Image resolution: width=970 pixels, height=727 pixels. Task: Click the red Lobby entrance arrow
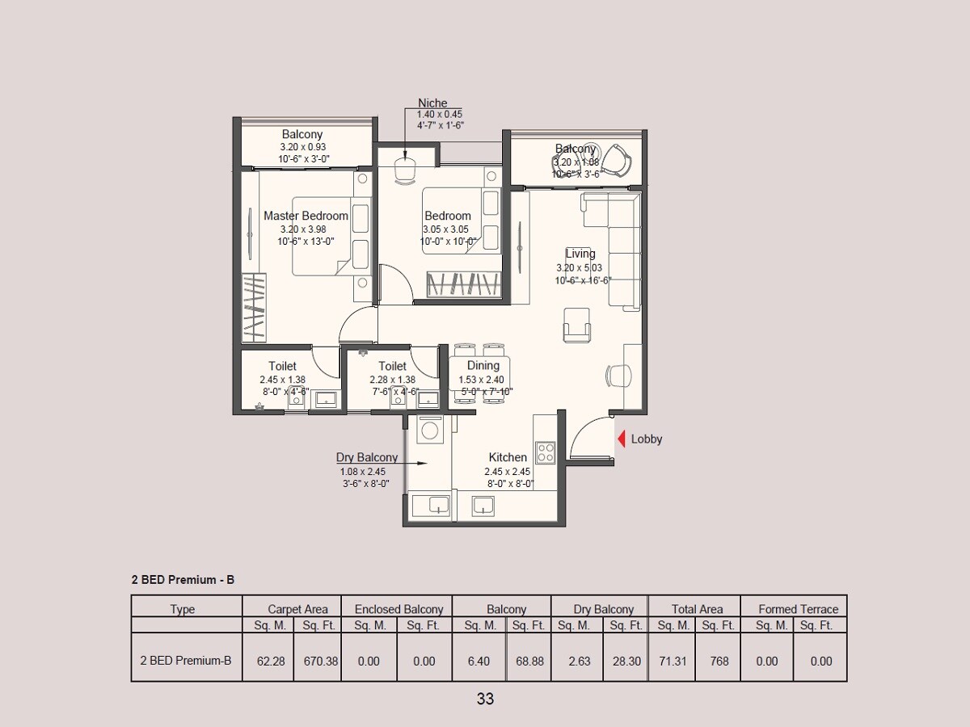click(x=622, y=439)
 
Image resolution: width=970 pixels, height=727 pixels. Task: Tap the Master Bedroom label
click(x=306, y=216)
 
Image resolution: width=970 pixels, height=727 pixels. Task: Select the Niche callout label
click(x=432, y=103)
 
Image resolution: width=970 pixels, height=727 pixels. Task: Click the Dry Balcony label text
click(x=367, y=457)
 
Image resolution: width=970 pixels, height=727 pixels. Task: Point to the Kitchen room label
click(x=508, y=457)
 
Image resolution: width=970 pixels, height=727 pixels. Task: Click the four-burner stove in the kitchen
click(x=546, y=451)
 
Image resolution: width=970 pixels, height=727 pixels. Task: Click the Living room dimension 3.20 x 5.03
click(x=579, y=267)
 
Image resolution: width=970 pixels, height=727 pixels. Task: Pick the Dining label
click(x=483, y=366)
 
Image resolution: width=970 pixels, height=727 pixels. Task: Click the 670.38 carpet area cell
click(x=320, y=661)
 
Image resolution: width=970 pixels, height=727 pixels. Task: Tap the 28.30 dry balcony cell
click(x=626, y=661)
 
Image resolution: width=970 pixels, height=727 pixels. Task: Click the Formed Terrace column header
click(x=798, y=609)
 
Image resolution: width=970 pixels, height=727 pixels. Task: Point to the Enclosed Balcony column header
click(x=399, y=609)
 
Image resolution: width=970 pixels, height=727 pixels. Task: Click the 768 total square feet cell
click(x=719, y=661)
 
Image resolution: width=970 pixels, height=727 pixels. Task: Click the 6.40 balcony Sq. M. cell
click(x=479, y=661)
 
